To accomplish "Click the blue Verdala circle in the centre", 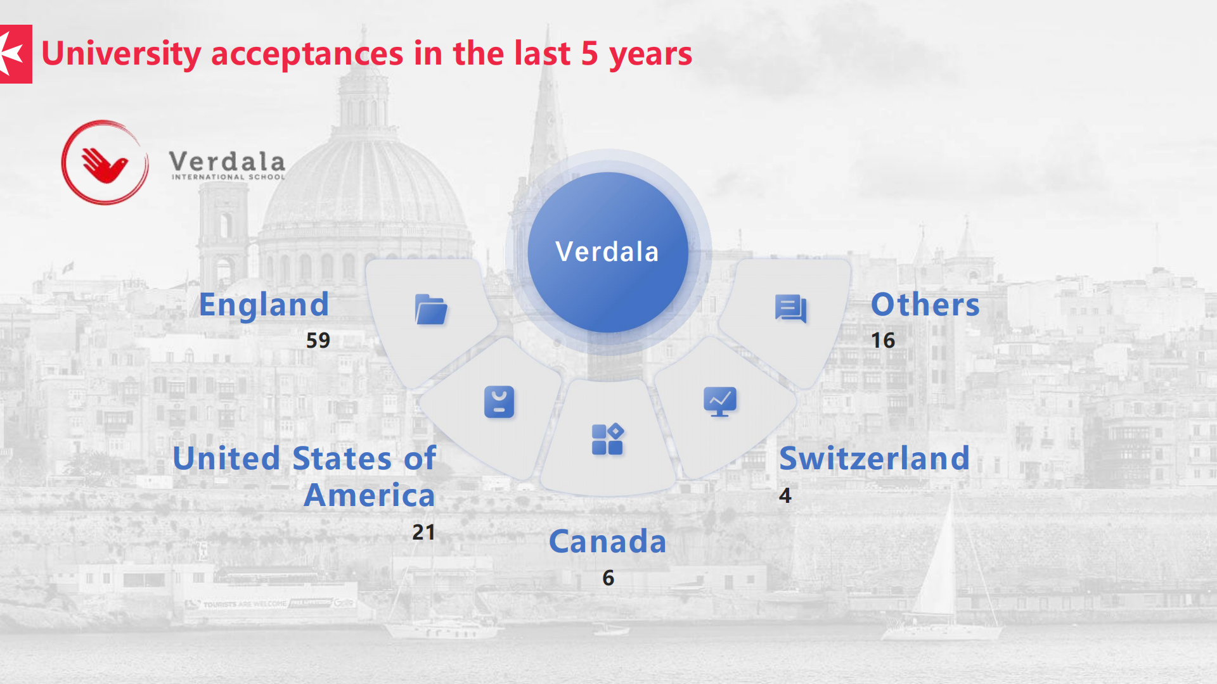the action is (608, 252).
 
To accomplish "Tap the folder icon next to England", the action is (431, 310).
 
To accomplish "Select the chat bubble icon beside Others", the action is (790, 309).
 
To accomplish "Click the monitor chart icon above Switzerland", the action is (720, 402).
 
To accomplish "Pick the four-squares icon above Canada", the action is (608, 439).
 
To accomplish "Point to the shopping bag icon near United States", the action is (499, 402).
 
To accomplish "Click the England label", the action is (264, 305).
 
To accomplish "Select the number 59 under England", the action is (318, 341).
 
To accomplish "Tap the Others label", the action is (925, 305).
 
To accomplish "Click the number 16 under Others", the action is (883, 341).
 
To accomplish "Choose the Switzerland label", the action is (875, 458).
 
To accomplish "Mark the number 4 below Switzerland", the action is (785, 495).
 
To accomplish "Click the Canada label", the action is (608, 541).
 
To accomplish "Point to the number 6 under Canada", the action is (608, 578).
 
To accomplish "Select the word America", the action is (370, 495).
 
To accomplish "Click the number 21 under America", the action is (423, 532).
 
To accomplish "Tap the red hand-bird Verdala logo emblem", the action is (105, 163).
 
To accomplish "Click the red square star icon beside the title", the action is (16, 54).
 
